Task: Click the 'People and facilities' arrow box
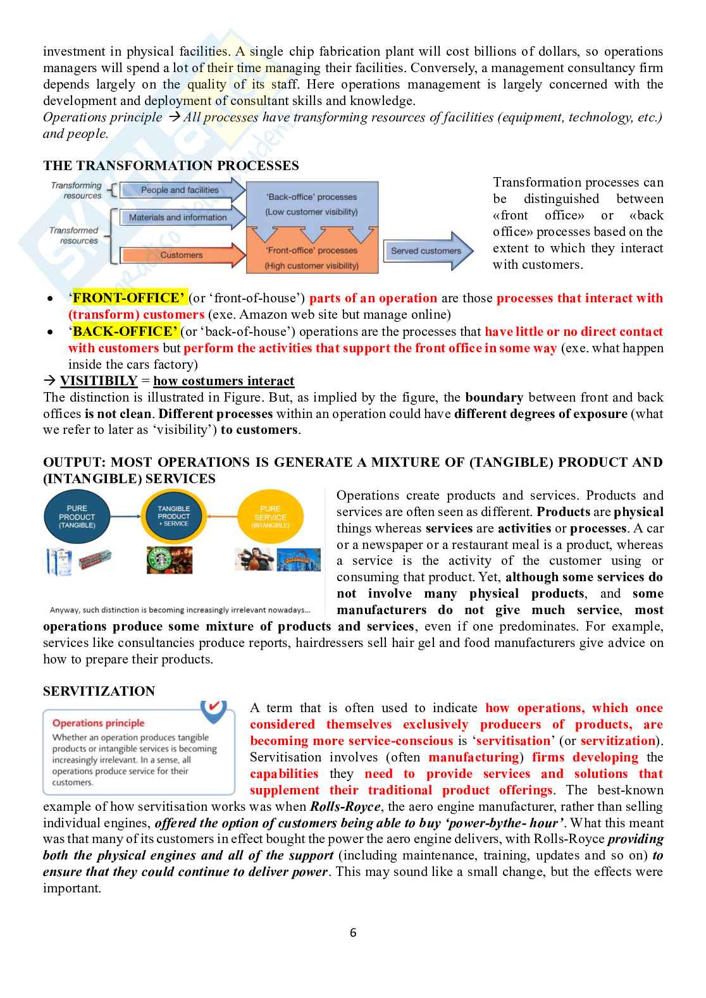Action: tap(180, 190)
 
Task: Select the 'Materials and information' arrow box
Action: tap(178, 218)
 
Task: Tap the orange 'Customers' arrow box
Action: tap(182, 255)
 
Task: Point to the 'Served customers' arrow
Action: tap(426, 251)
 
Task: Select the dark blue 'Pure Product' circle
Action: tap(77, 517)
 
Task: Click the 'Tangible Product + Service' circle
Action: tap(173, 516)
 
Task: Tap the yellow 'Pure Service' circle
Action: tap(270, 517)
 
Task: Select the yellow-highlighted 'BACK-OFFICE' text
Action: tap(126, 331)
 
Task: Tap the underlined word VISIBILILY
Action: tap(99, 381)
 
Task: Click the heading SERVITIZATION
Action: tap(99, 691)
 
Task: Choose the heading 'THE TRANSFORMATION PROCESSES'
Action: tap(171, 166)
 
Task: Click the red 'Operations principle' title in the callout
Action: tap(98, 723)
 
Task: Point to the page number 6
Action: tap(353, 932)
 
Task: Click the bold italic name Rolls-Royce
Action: tap(345, 807)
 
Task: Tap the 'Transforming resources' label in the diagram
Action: tap(77, 190)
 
